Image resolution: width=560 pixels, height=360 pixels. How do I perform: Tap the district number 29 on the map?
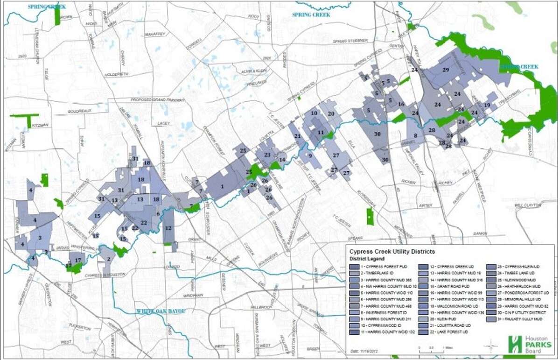(x=446, y=70)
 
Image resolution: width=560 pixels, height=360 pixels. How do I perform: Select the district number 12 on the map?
(x=168, y=228)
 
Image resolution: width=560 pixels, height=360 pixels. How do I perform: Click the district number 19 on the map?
(x=487, y=106)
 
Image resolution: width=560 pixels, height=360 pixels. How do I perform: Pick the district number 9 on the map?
(x=309, y=156)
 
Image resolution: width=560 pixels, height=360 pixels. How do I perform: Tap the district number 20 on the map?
(x=331, y=113)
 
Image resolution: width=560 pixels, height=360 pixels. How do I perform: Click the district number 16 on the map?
(x=401, y=104)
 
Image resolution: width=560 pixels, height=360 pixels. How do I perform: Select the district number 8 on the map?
(x=415, y=134)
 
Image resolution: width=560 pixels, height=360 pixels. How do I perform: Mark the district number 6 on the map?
(x=158, y=213)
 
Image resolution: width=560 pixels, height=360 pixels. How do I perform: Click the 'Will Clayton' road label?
(x=528, y=205)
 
